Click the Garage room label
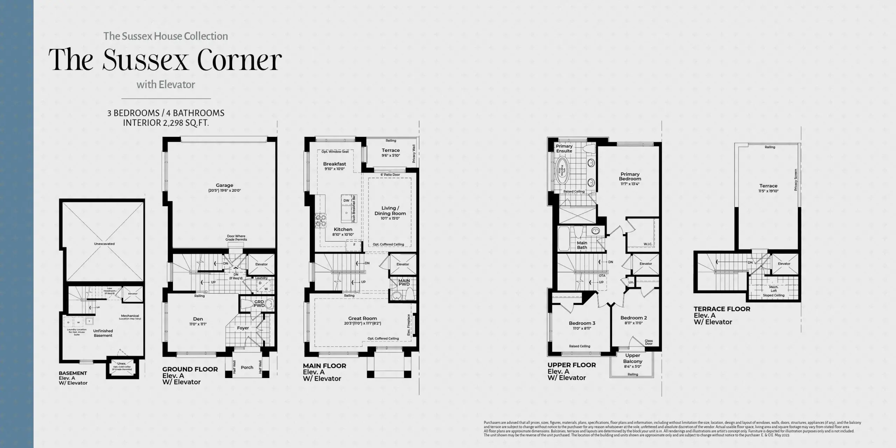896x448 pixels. click(x=224, y=185)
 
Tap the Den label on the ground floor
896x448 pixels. click(x=198, y=319)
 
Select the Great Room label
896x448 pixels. click(x=362, y=318)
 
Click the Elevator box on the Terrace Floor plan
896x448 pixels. click(x=784, y=264)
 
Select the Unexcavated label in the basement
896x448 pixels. click(x=104, y=244)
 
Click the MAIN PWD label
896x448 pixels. click(x=404, y=282)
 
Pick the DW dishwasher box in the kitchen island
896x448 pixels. click(x=346, y=201)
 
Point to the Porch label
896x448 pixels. click(x=247, y=367)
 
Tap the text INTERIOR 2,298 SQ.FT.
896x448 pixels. click(x=166, y=123)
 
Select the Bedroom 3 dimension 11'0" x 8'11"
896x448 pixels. click(x=582, y=328)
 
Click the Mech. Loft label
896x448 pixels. click(x=773, y=289)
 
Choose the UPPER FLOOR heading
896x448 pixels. click(x=572, y=365)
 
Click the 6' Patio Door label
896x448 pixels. click(x=390, y=175)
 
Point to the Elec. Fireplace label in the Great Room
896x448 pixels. click(x=408, y=325)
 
